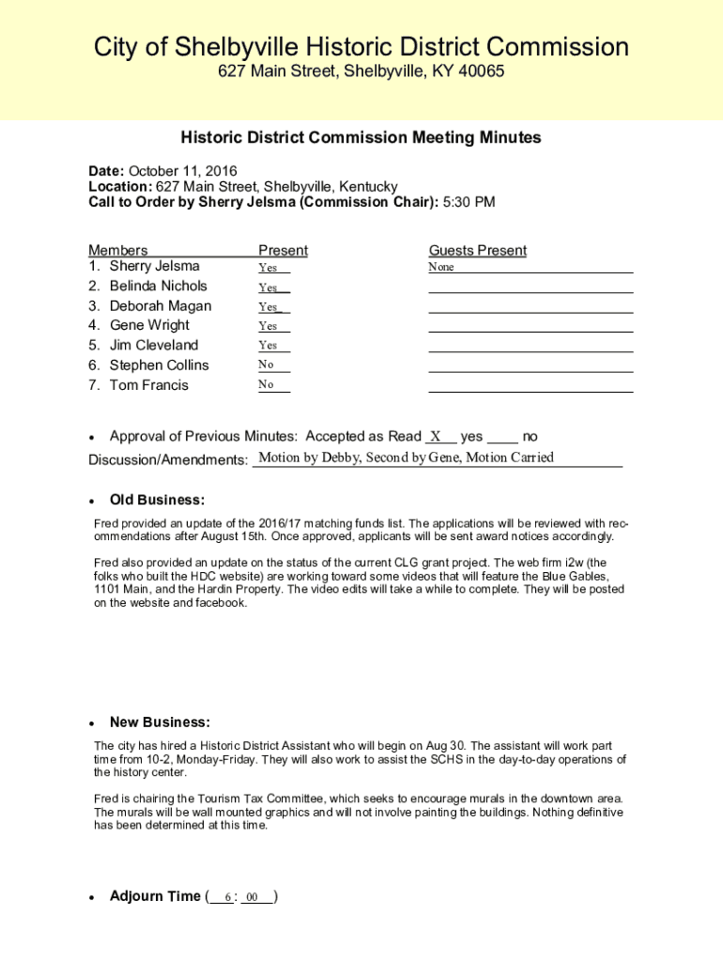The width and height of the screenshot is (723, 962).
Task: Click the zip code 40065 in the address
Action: click(482, 72)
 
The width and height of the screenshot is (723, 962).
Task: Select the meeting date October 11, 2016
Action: click(182, 171)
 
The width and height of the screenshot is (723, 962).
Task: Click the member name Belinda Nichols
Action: click(158, 286)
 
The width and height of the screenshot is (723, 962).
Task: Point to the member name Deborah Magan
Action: click(161, 306)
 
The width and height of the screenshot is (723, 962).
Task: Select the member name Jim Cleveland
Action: click(154, 345)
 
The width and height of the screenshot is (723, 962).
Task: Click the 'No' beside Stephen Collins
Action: click(267, 365)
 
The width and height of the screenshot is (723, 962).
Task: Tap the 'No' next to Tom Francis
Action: click(267, 385)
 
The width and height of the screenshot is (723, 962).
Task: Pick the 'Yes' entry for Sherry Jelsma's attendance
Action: click(269, 268)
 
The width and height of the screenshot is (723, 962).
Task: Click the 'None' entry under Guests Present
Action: click(441, 268)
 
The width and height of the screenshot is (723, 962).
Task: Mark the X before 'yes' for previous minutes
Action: click(436, 436)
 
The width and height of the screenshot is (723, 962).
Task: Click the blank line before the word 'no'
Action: click(503, 438)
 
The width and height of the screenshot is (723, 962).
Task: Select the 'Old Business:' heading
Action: click(157, 500)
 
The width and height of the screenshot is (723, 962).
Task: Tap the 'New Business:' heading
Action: click(160, 722)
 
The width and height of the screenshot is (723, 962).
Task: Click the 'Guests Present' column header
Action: click(478, 250)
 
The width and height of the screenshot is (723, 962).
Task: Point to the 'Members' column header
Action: click(118, 250)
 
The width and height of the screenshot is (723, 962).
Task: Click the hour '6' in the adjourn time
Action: click(227, 897)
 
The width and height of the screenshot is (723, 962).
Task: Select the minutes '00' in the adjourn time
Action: click(253, 897)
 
